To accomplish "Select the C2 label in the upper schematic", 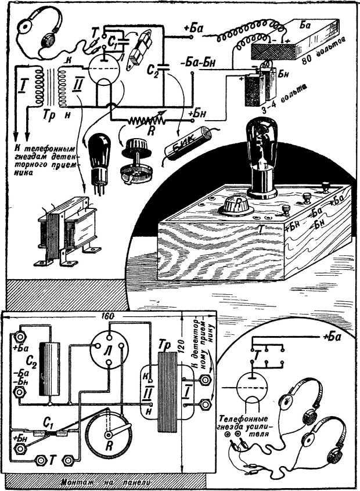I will coord(151,72).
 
